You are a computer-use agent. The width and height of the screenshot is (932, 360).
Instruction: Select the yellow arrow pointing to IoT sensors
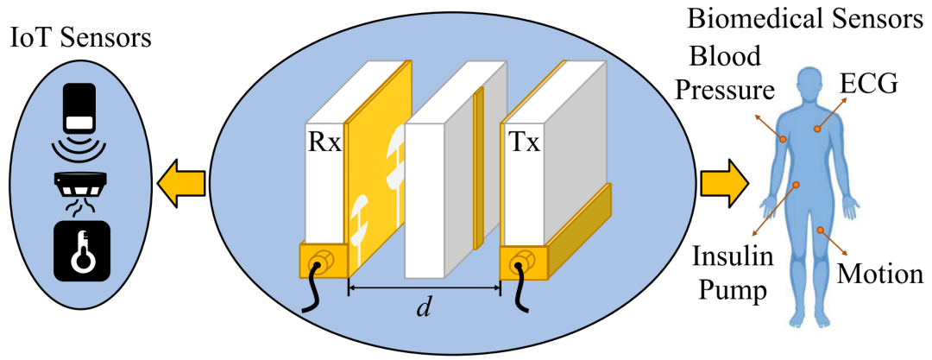pos(181,182)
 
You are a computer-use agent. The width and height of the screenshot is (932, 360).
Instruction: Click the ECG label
pos(870,84)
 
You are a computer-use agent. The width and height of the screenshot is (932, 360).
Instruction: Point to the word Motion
pos(880,275)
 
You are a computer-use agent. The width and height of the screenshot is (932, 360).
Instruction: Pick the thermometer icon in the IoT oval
pos(82,250)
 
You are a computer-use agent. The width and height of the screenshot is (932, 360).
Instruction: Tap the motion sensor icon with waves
pos(82,121)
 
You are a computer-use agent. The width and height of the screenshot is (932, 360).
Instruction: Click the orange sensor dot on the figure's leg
pos(819,231)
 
